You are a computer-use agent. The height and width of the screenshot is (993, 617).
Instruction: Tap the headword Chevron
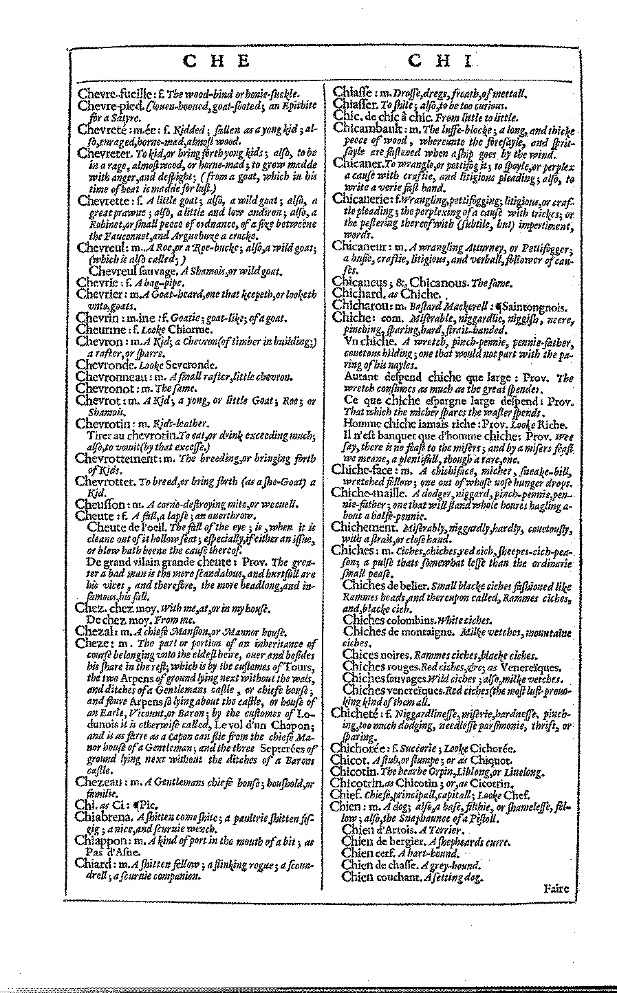coord(100,341)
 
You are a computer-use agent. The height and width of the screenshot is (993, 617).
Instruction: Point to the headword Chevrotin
coord(103,424)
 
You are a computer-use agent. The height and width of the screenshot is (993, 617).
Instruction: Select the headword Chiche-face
coord(362,470)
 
